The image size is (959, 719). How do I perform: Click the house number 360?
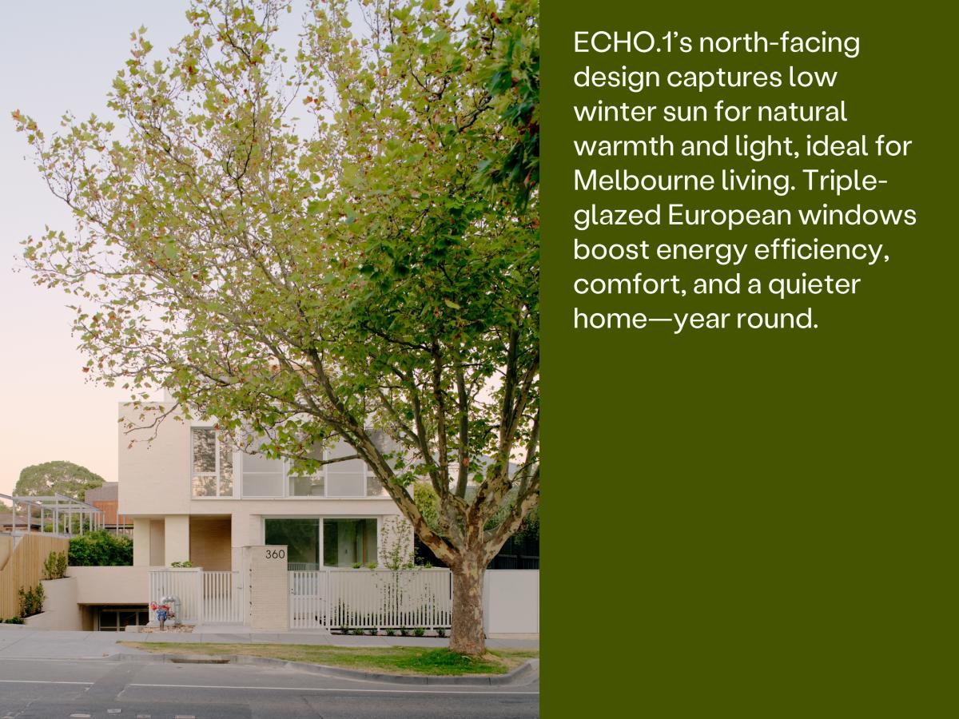click(275, 554)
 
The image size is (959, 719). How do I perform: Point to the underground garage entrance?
click(120, 617)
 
